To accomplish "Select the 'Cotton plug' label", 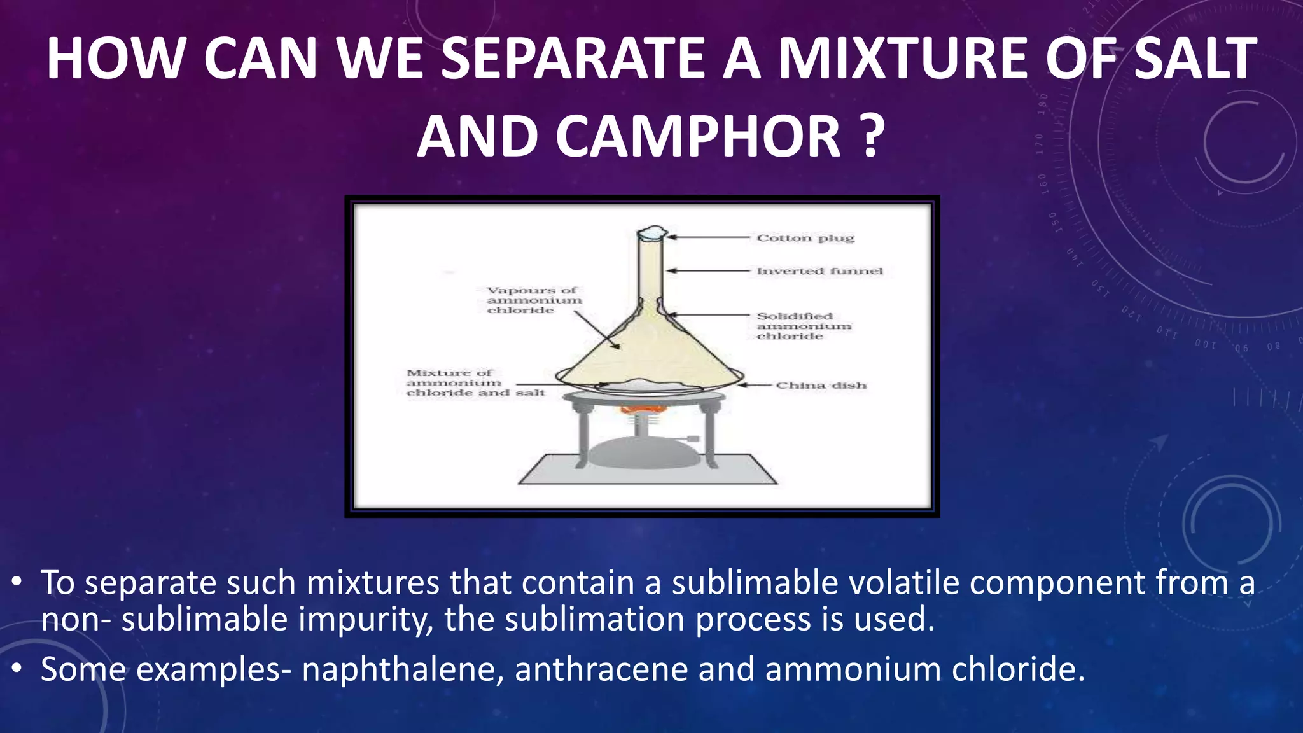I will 805,238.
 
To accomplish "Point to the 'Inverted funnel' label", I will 819,271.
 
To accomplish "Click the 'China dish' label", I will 821,386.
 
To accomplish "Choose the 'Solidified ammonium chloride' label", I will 803,326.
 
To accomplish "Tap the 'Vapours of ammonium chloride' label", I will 533,300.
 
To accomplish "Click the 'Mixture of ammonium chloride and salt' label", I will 474,382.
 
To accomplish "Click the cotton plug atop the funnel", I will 651,234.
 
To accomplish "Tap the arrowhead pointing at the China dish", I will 742,385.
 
